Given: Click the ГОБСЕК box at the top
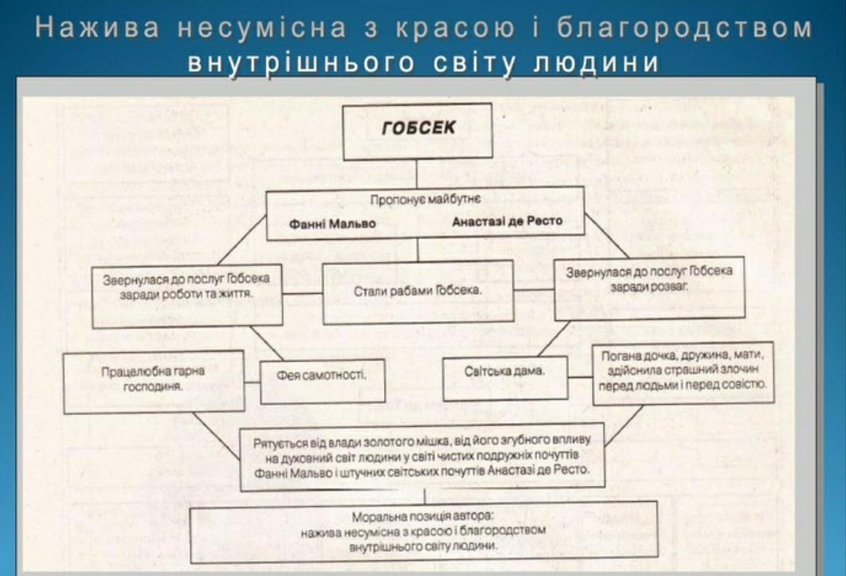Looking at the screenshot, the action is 417,131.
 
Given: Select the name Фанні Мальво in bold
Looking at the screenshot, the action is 332,224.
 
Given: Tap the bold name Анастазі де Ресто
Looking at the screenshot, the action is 507,221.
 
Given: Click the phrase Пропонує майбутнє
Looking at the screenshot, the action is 425,200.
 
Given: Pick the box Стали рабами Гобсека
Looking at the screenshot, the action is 417,292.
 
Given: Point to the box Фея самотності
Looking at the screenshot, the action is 323,381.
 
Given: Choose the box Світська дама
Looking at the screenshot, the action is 505,378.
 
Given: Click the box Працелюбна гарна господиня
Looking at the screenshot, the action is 154,382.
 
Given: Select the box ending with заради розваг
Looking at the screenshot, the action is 649,288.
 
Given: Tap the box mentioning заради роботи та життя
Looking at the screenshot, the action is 187,296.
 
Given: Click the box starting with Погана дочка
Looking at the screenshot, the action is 683,374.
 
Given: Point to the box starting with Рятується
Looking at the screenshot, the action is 422,459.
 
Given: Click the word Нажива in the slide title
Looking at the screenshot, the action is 98,28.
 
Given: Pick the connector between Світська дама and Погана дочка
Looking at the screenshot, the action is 580,376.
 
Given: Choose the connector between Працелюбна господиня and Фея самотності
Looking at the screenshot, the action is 253,382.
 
